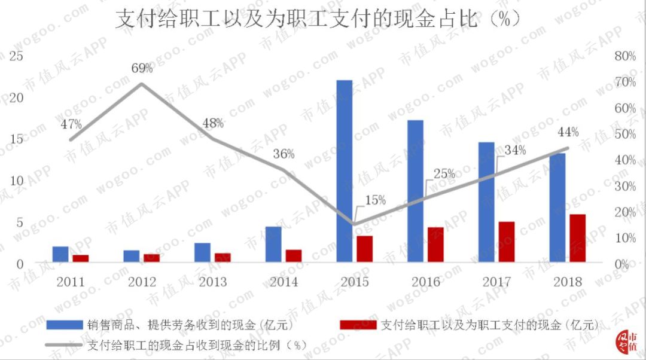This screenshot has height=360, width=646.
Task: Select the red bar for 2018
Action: pos(577,238)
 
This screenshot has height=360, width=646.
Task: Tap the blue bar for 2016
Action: pos(416,191)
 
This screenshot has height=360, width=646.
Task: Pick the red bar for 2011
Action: pos(81,258)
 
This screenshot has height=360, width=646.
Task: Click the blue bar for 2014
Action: pos(273,244)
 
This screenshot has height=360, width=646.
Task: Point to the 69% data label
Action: pos(142,68)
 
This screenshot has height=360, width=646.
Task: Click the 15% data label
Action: pos(375,200)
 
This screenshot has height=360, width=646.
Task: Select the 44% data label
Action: pos(568,132)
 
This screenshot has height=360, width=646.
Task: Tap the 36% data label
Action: pos(284,154)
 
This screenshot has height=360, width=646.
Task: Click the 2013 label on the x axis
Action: pos(212,282)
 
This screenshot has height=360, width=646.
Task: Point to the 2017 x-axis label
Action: pos(496,282)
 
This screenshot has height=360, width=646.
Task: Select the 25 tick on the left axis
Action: pos(17,57)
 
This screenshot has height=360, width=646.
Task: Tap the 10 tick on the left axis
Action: pos(17,181)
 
